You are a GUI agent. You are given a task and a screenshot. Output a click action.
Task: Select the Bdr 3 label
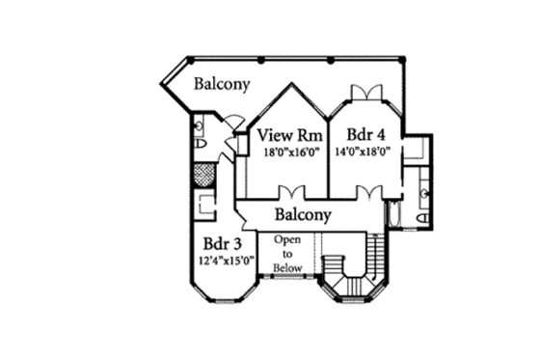coord(223,243)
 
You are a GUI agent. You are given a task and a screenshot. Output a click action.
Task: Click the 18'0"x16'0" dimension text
coord(287,152)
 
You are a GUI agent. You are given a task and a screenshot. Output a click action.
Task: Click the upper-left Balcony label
coord(222,85)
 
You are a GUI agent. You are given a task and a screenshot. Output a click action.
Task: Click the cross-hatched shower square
coord(202,176)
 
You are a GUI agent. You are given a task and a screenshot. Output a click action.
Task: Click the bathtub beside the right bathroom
coord(394,214)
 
